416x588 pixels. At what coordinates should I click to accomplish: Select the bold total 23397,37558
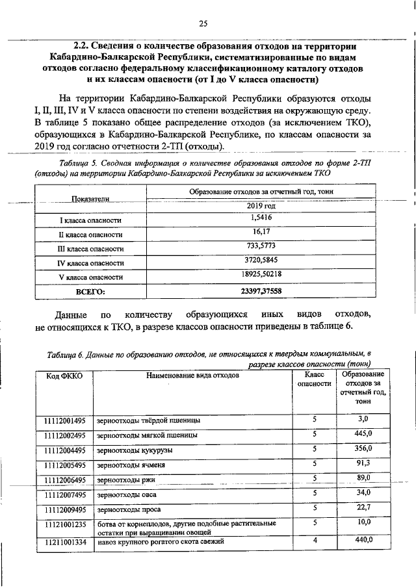pos(261,290)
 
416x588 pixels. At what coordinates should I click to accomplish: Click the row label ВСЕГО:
pos(91,291)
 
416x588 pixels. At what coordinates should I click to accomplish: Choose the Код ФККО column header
pos(64,376)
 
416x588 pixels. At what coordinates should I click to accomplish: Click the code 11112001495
pos(65,419)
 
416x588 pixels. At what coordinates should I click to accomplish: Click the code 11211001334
pos(65,541)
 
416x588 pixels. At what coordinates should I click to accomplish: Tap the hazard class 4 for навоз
pos(315,540)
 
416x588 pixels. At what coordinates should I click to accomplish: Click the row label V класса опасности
pos(91,277)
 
